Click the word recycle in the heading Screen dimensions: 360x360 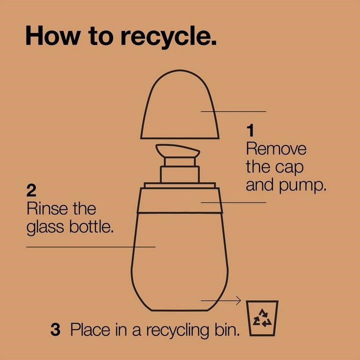coord(168,36)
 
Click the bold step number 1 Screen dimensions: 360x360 coord(250,130)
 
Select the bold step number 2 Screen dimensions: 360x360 coord(31,190)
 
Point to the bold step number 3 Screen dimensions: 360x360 coord(55,329)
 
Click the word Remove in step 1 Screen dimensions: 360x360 coord(276,149)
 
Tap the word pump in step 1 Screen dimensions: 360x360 coord(302,186)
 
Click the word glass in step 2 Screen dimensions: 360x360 coord(45,228)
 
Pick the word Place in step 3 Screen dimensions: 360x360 coord(90,329)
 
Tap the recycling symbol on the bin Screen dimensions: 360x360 coord(262,318)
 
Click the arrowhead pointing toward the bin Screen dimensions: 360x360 coord(238,300)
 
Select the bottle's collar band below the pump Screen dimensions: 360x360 coord(180,200)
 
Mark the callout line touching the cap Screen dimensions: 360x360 coord(233,111)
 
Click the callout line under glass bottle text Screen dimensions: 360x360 coord(91,247)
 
